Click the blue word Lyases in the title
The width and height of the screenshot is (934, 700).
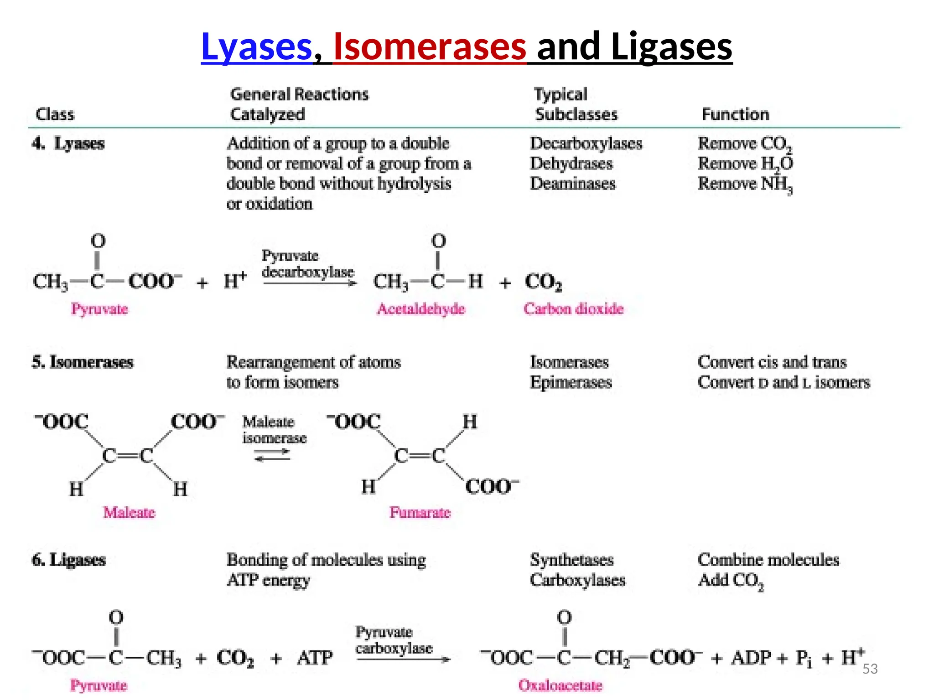point(256,46)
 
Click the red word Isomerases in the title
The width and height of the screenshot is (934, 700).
point(430,46)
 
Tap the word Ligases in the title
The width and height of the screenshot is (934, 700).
point(671,46)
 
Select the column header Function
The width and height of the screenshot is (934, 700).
point(735,114)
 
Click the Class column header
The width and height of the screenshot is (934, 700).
point(55,114)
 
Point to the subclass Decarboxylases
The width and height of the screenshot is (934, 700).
point(586,144)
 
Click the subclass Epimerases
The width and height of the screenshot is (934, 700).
point(571,382)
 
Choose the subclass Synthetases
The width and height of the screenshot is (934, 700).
point(571,560)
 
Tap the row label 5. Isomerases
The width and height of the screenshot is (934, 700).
point(83,362)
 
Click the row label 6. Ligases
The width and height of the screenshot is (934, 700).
point(69,560)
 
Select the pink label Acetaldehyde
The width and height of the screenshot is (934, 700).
point(420,309)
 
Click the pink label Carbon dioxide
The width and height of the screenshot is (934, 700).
point(573,309)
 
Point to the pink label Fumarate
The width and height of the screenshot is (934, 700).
point(420,513)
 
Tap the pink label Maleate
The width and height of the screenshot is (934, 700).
point(129,513)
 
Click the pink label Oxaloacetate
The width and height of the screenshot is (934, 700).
point(560,685)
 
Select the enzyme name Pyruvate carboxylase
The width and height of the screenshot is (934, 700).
point(393,640)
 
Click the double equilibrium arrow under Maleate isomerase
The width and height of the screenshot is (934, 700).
point(272,455)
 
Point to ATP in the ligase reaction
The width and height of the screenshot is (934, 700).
point(315,658)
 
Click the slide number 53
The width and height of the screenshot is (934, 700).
point(870,669)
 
